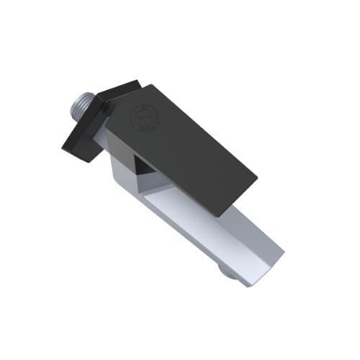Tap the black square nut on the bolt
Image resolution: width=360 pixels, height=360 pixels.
(x=84, y=134)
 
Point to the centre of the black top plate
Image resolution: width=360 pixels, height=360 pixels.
(x=184, y=148)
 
